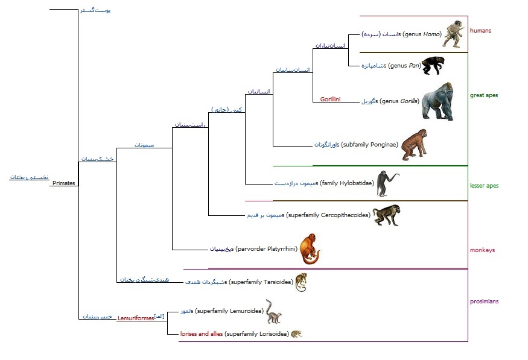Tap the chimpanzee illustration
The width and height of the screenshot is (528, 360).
click(434, 65)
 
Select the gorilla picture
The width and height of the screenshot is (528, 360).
click(437, 102)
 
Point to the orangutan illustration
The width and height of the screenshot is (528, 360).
click(415, 145)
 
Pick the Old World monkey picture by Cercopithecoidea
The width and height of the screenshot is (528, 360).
click(386, 215)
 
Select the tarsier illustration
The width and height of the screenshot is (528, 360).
click(301, 282)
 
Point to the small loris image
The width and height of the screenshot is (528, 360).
click(296, 333)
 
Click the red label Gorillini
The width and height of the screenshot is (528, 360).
click(330, 99)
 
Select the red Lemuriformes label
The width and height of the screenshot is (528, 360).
click(135, 318)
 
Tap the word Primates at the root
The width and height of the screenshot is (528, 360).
click(63, 183)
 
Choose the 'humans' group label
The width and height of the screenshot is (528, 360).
click(480, 30)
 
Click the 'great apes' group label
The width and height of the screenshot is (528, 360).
click(483, 95)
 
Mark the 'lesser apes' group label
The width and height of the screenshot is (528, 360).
click(484, 186)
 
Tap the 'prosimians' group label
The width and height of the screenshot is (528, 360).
click(484, 301)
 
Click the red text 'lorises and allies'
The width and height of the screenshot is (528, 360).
click(202, 333)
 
